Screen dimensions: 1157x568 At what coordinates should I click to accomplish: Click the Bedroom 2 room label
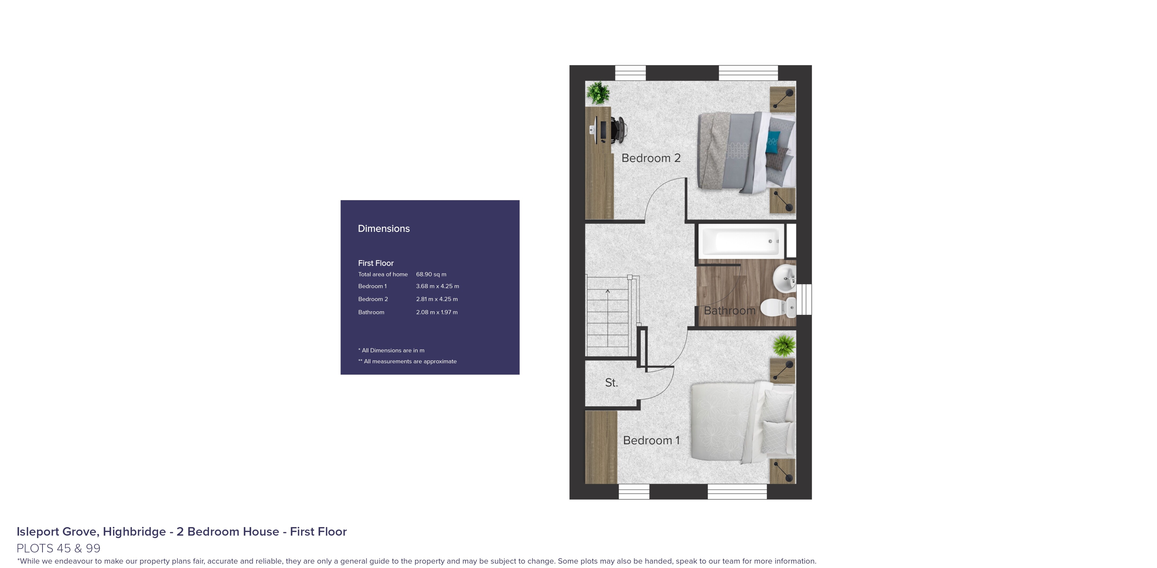pyautogui.click(x=651, y=158)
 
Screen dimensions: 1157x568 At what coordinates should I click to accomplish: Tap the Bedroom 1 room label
pyautogui.click(x=651, y=441)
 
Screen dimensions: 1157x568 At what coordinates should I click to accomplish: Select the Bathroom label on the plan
pyautogui.click(x=729, y=311)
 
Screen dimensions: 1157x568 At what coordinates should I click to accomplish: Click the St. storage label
pyautogui.click(x=611, y=383)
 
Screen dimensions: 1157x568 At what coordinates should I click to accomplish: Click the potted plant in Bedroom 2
pyautogui.click(x=598, y=93)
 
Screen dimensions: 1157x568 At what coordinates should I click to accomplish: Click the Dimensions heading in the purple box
pyautogui.click(x=384, y=229)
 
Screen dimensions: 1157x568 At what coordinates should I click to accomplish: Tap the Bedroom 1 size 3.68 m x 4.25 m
pyautogui.click(x=437, y=286)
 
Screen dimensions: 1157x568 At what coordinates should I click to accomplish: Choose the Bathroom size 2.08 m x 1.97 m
pyautogui.click(x=437, y=312)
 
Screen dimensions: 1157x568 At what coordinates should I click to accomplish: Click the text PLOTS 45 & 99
pyautogui.click(x=58, y=548)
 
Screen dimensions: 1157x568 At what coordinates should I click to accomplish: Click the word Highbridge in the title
pyautogui.click(x=134, y=532)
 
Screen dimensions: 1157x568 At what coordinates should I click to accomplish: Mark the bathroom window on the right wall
pyautogui.click(x=804, y=300)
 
